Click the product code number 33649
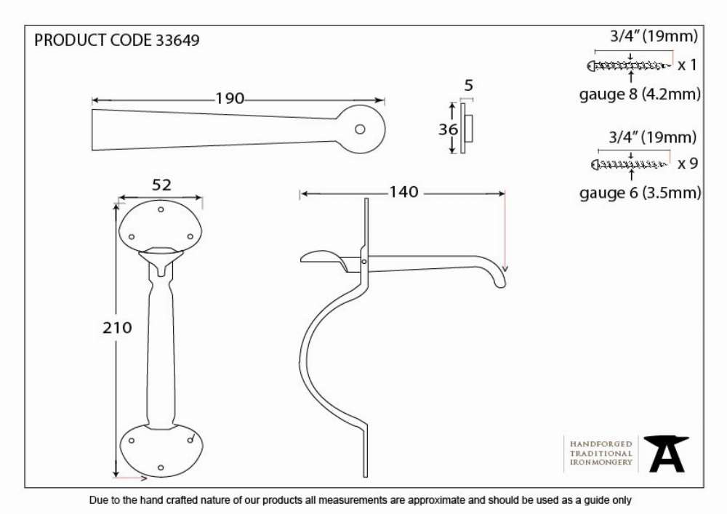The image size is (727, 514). click(x=177, y=40)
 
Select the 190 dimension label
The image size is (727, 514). click(x=230, y=99)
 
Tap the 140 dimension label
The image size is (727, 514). click(x=403, y=192)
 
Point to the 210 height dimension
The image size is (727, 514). click(x=117, y=328)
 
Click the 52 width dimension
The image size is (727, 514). click(x=161, y=185)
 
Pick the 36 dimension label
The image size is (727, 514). click(x=448, y=129)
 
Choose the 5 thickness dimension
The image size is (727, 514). click(x=469, y=85)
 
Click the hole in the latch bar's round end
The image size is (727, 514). click(x=360, y=129)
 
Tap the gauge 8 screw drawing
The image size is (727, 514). click(x=629, y=66)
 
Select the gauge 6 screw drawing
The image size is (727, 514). click(x=630, y=164)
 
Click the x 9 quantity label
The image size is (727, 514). click(x=687, y=164)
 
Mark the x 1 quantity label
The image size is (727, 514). click(x=687, y=65)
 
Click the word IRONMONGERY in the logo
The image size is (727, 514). click(x=601, y=462)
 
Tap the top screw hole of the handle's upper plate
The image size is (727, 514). click(x=161, y=209)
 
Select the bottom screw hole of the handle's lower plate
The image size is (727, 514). click(x=161, y=468)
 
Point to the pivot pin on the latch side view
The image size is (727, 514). click(x=364, y=262)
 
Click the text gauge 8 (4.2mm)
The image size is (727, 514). click(x=640, y=95)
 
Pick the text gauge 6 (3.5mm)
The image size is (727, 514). click(x=640, y=193)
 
